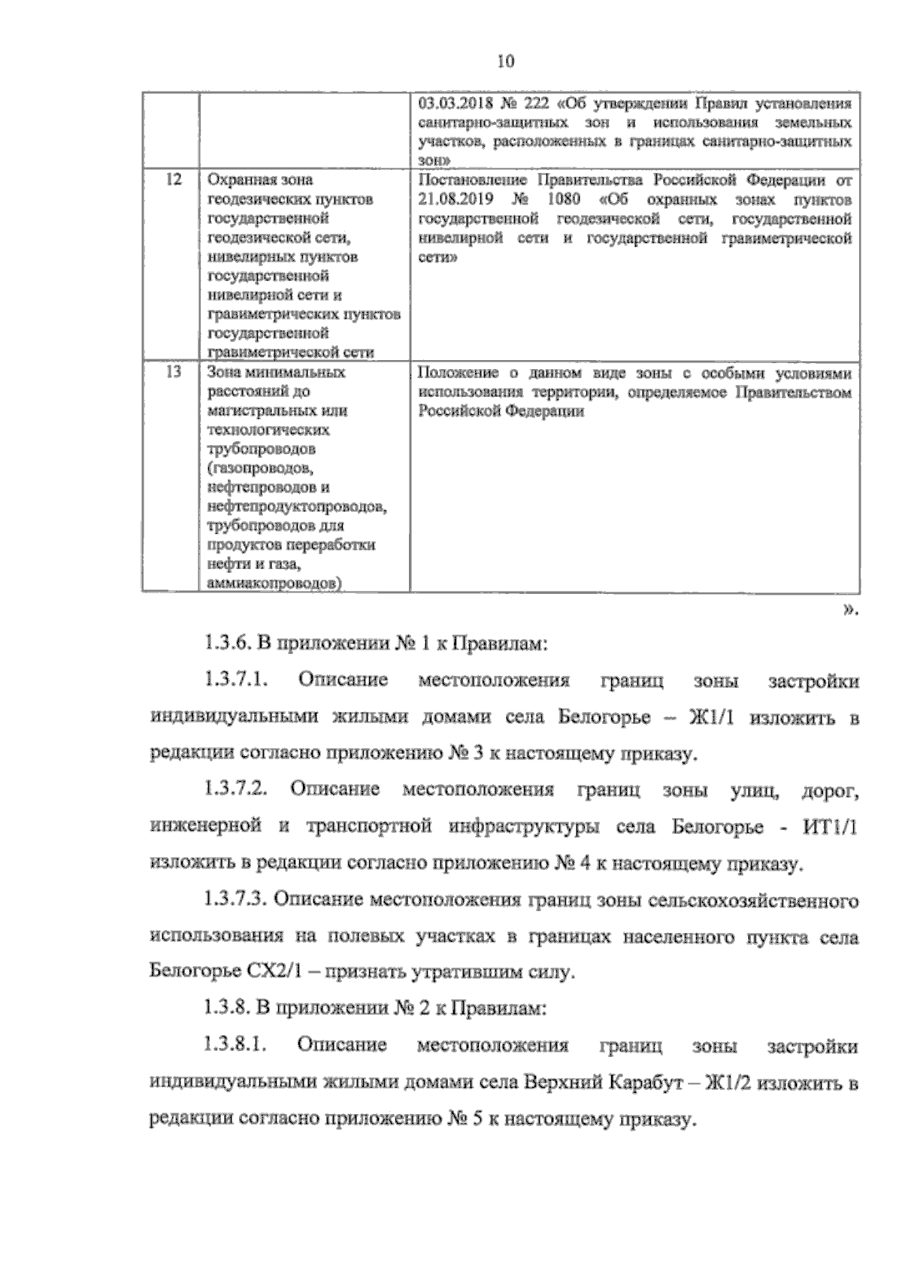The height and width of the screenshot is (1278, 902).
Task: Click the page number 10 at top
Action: coord(504,62)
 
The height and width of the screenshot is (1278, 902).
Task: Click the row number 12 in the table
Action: coord(172,180)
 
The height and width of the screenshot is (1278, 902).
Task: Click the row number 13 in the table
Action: coord(172,372)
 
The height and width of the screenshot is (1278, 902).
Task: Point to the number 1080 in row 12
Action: coord(560,200)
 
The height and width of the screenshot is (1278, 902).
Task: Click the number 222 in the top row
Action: coord(539,103)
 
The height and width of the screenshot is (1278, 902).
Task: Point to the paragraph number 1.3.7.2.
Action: coord(235,790)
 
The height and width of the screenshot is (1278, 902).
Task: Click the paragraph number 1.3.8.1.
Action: coord(235,1046)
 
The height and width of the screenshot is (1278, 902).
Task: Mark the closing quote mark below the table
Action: coord(851,610)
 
